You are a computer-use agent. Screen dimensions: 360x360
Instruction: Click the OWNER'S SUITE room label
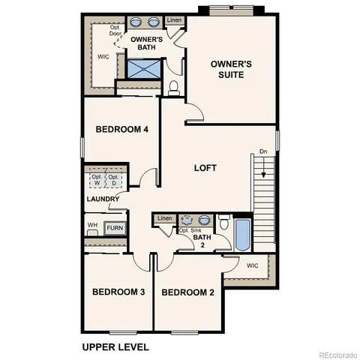click(x=231, y=70)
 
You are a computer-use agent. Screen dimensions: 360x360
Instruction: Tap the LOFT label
click(x=205, y=168)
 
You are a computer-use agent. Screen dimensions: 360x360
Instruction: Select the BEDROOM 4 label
click(x=122, y=129)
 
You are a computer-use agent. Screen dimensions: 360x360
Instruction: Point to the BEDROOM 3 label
click(x=118, y=292)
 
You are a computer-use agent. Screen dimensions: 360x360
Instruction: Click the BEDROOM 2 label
click(x=188, y=292)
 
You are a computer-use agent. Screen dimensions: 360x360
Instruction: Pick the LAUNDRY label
click(x=103, y=199)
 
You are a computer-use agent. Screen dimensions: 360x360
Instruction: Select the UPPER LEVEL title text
click(x=115, y=346)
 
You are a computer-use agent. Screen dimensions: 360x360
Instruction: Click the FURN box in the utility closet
click(x=115, y=228)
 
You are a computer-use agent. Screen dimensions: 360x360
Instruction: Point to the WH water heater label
click(x=92, y=225)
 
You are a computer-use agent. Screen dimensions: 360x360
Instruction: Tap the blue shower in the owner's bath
click(x=142, y=70)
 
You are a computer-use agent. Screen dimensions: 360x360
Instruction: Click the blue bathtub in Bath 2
click(x=242, y=235)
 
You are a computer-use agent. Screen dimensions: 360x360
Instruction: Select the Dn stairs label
click(x=263, y=151)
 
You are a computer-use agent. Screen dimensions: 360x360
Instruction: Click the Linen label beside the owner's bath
click(x=174, y=20)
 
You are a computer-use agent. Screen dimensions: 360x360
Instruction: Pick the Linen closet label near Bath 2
click(x=165, y=219)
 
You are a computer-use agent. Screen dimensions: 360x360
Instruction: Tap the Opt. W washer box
click(x=96, y=180)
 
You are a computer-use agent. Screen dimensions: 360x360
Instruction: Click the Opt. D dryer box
click(x=113, y=180)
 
